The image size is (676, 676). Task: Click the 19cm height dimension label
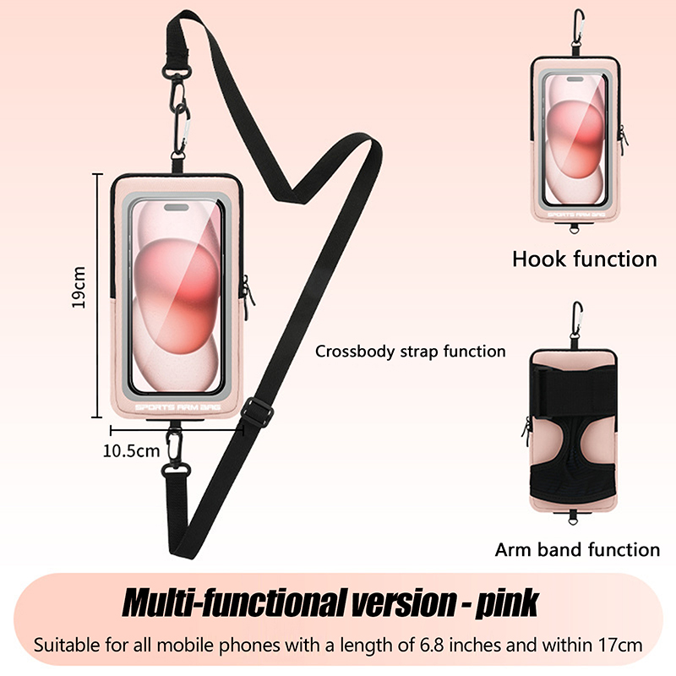pyautogui.click(x=79, y=287)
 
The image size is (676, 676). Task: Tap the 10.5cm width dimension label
pyautogui.click(x=131, y=450)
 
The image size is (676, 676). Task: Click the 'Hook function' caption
pyautogui.click(x=584, y=259)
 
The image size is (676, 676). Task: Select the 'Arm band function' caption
pyautogui.click(x=577, y=550)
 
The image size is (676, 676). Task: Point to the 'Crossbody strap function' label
pyautogui.click(x=411, y=351)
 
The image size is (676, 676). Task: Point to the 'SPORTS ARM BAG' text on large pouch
pyautogui.click(x=175, y=406)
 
